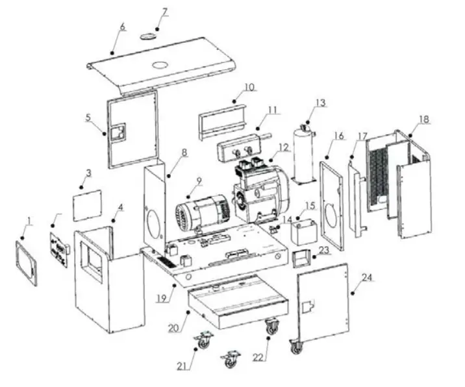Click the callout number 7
[164, 12]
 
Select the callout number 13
[320, 103]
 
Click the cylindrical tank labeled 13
[303, 153]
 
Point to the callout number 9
[199, 181]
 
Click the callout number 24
[367, 278]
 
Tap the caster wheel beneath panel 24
[296, 347]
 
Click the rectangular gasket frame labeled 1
[27, 261]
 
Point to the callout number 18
[424, 119]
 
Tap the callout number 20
[173, 329]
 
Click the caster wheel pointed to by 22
[271, 327]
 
